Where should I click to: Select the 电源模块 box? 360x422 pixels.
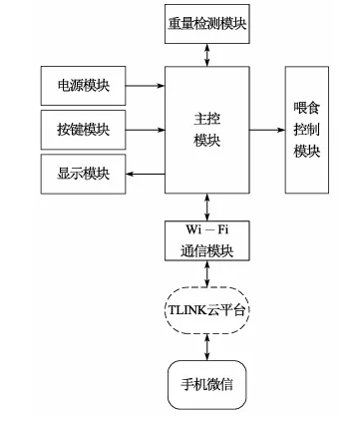pos(84,87)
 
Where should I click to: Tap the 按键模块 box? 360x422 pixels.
pos(84,130)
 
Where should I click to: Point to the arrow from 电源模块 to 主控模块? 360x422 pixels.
pos(146,87)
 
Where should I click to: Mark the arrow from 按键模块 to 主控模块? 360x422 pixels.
pos(146,130)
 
